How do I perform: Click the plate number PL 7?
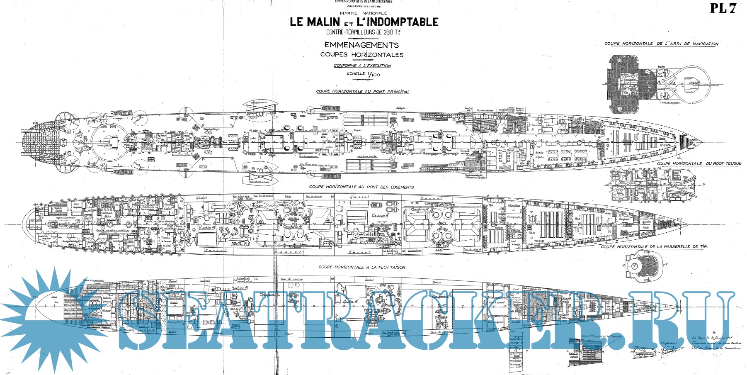tap(723, 8)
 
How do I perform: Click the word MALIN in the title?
tap(323, 22)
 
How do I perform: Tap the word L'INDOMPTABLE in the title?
tap(397, 22)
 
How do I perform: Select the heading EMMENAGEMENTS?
tap(361, 45)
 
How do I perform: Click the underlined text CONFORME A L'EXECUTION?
tap(362, 66)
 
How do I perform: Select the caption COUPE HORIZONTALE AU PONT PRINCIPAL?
tap(362, 92)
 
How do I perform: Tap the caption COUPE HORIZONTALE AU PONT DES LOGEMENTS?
tap(361, 187)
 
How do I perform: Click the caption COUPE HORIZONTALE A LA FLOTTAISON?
tap(361, 267)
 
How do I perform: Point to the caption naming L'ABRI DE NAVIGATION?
tap(661, 44)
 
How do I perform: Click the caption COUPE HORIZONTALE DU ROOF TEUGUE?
tap(699, 163)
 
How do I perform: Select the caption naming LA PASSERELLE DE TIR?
tap(655, 246)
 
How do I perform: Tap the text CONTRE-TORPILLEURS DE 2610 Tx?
tap(364, 32)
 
